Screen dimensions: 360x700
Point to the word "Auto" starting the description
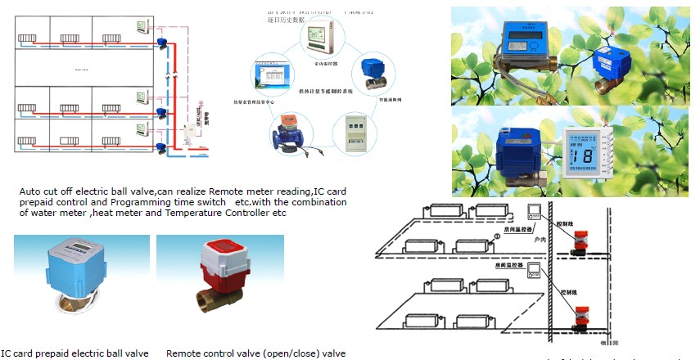point(29,191)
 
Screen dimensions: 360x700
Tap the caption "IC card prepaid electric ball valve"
point(75,353)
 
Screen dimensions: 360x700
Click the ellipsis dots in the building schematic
point(82,70)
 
